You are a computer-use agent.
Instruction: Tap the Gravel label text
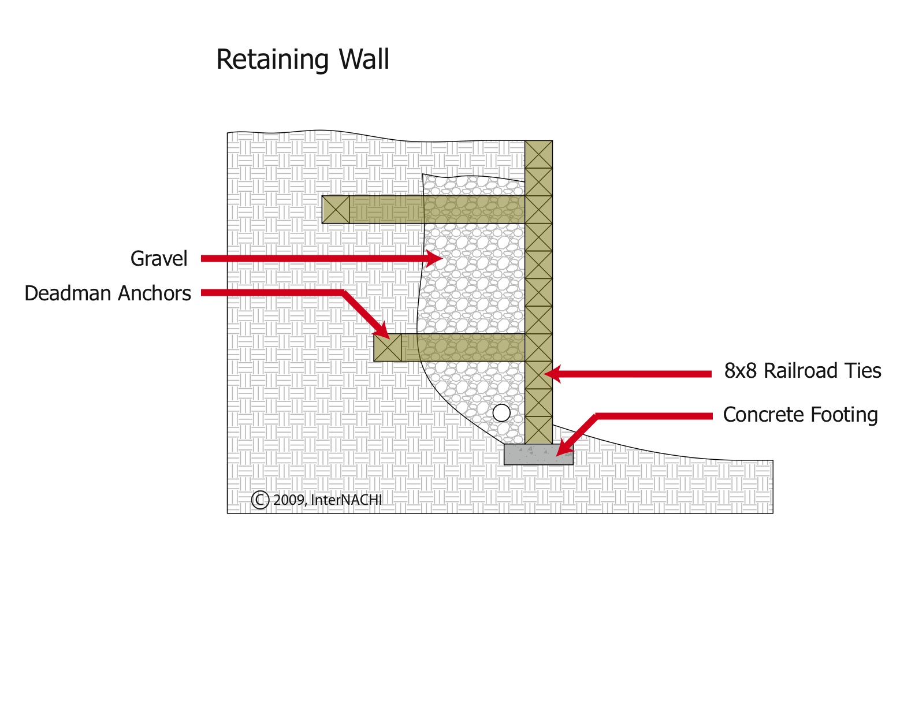click(159, 259)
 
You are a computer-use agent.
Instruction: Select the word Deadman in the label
click(68, 293)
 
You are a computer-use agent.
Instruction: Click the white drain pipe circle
click(501, 413)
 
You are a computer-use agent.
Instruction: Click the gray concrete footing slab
click(538, 455)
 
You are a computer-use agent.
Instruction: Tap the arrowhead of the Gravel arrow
click(436, 258)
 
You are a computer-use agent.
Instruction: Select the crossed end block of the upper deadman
click(336, 210)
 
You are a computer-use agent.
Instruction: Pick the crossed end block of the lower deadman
click(388, 348)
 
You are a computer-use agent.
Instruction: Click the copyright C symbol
click(260, 500)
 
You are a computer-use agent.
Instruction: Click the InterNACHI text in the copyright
click(346, 500)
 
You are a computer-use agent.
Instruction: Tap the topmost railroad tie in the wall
click(538, 154)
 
